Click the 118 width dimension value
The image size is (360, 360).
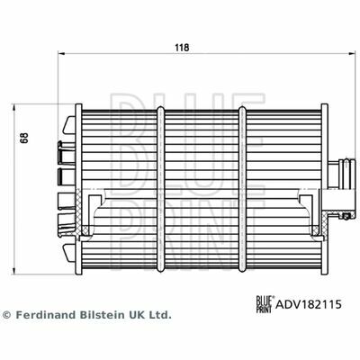[182, 48]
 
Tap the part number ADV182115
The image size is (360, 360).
[309, 304]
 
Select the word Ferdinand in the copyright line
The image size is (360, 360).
[46, 315]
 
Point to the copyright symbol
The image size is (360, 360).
[6, 315]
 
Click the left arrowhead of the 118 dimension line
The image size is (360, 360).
[61, 54]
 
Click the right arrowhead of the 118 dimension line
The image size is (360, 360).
[352, 54]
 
